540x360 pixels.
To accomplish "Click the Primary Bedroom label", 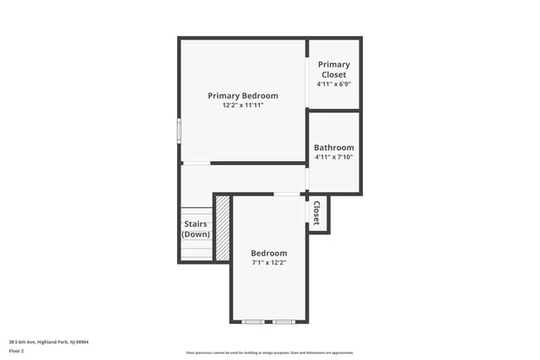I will [242, 95].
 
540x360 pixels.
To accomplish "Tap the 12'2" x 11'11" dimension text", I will [242, 106].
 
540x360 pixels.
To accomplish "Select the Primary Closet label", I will [333, 69].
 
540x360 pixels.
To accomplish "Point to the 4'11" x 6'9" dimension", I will [333, 84].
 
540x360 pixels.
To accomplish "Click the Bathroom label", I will [333, 148].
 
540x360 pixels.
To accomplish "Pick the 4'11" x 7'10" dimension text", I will [333, 157].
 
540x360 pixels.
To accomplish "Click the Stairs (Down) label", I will [196, 228].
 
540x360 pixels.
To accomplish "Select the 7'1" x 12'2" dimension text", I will [269, 263].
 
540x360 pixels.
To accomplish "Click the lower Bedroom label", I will [269, 253].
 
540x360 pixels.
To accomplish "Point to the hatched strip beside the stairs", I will [223, 228].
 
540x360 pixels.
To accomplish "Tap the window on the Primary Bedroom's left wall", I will [179, 132].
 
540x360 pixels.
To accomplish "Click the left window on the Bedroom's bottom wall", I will [252, 322].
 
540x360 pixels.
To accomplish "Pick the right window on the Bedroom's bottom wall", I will [283, 322].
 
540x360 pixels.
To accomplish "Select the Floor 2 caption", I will [16, 350].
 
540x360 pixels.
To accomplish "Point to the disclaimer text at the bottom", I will [269, 352].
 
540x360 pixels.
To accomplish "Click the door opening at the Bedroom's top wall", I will [286, 195].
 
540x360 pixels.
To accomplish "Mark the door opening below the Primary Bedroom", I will [197, 163].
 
